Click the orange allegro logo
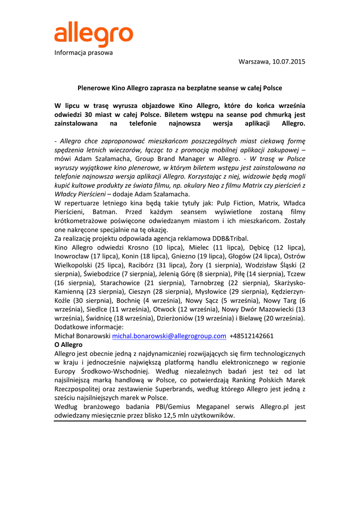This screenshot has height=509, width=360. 93,35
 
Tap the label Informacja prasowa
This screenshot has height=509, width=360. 84,52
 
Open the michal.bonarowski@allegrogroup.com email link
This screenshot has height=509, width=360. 169,336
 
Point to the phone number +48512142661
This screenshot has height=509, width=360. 252,336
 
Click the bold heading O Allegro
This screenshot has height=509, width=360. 69,344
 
